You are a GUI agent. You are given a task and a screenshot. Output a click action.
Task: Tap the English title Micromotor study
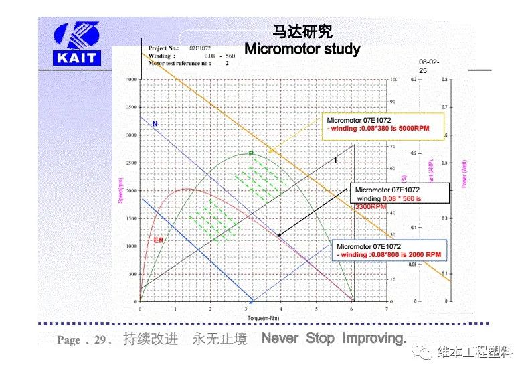point(302,49)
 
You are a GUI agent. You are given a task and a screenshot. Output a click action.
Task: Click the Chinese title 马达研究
point(302,31)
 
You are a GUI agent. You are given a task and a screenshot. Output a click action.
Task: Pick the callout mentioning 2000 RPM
point(388,251)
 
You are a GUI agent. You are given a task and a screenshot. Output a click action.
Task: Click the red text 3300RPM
point(370,207)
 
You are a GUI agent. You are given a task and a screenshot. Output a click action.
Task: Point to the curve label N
point(155,125)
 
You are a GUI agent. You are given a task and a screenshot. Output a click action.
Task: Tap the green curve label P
point(251,153)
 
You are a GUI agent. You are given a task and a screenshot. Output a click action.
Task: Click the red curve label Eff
point(159,239)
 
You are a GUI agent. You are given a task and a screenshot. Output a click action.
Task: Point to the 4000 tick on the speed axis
point(131,79)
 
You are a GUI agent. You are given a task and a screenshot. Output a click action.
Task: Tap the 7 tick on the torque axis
point(387,309)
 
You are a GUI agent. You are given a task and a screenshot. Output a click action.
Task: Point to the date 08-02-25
point(428,66)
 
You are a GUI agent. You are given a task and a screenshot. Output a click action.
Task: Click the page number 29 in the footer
point(100,340)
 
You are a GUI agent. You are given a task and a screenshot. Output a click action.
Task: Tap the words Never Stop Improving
point(333,338)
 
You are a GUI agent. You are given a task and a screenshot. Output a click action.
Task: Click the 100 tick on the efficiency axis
point(393,79)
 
